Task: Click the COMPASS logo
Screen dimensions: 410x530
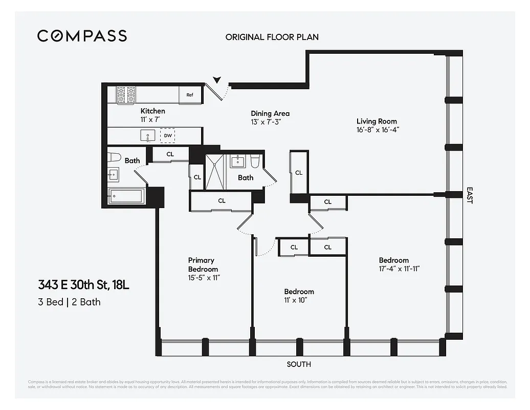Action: [x=82, y=36]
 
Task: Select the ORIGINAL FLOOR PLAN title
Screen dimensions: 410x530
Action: [x=272, y=37]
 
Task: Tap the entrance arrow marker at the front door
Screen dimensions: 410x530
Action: [x=217, y=79]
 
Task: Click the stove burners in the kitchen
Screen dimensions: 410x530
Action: [x=126, y=95]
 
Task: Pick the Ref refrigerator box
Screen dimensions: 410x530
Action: [x=189, y=95]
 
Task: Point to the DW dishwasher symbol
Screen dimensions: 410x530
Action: [x=167, y=136]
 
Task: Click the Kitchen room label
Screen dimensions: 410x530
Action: [x=153, y=111]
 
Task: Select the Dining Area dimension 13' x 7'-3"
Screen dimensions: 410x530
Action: [x=266, y=122]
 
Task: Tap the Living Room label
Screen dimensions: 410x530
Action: [x=377, y=121]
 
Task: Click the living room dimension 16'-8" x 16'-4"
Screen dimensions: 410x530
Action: [x=378, y=130]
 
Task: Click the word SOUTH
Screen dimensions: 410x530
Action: [x=298, y=364]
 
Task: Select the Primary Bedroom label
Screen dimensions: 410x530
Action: [x=203, y=264]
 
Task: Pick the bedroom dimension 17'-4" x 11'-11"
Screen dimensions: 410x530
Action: [x=399, y=269]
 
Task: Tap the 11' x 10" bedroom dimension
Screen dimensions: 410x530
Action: [x=296, y=300]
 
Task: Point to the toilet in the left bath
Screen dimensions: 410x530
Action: [x=114, y=158]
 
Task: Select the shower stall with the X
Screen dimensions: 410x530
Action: [x=215, y=171]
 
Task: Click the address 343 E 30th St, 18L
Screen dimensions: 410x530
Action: [x=83, y=285]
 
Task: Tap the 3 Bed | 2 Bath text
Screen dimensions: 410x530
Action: [x=69, y=302]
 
